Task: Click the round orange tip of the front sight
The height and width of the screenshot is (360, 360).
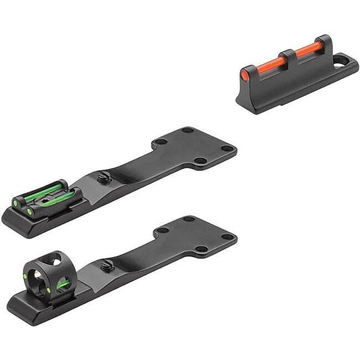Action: [x=245, y=73]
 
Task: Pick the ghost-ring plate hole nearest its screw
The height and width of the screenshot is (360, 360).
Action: [x=162, y=231]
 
